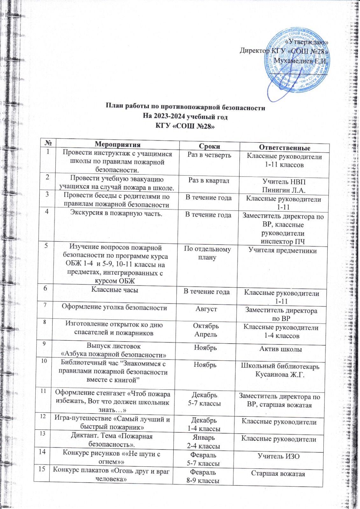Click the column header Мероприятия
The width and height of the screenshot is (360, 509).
[x=117, y=144]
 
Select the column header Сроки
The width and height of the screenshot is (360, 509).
[x=209, y=146]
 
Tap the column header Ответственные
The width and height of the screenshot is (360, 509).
[x=285, y=148]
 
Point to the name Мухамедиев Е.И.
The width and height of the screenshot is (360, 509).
[x=301, y=60]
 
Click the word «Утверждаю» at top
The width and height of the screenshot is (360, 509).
[x=306, y=42]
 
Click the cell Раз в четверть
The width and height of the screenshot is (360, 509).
[x=209, y=155]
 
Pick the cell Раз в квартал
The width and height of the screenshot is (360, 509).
[x=209, y=180]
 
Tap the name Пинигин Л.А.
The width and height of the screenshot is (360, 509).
[x=284, y=190]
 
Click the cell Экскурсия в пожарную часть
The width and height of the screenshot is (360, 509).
[x=116, y=213]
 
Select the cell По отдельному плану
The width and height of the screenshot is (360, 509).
[x=207, y=253]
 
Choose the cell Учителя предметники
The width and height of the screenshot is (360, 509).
[x=283, y=251]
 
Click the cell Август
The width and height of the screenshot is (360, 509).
[x=206, y=309]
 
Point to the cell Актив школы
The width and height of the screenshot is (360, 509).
[x=281, y=349]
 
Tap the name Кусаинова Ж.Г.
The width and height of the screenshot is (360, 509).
[x=280, y=375]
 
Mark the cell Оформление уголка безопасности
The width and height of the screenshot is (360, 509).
[x=114, y=307]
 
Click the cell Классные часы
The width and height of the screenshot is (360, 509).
[x=115, y=289]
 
